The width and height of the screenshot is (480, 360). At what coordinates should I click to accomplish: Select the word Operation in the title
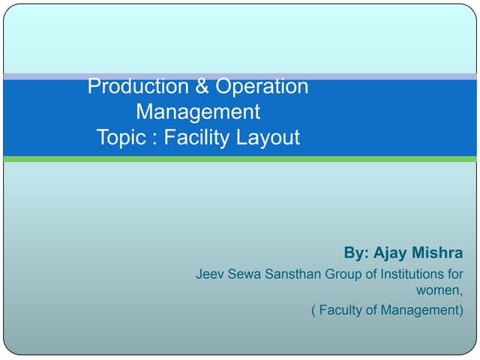coord(261,87)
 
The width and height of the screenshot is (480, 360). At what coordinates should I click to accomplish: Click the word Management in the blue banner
coord(198,112)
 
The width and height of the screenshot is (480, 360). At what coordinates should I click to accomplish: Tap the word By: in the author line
coord(356,253)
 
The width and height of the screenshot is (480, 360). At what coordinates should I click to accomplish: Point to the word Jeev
coord(210,274)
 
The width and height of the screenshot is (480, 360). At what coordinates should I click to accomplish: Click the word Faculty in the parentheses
coord(342,310)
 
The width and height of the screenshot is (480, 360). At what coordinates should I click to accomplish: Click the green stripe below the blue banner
coord(240,159)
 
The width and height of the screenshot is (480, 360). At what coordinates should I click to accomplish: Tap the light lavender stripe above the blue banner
coord(240,76)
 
